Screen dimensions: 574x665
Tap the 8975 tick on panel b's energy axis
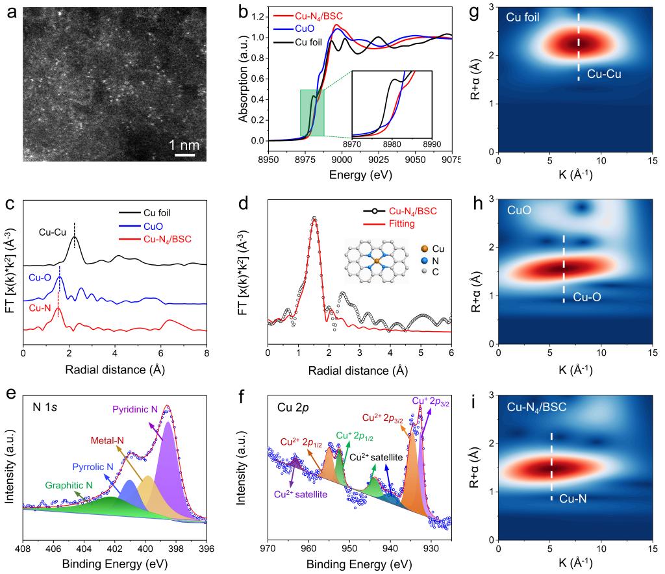pos(305,160)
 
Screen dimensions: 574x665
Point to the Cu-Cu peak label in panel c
pos(53,231)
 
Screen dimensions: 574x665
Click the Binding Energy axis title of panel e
pos(114,562)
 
